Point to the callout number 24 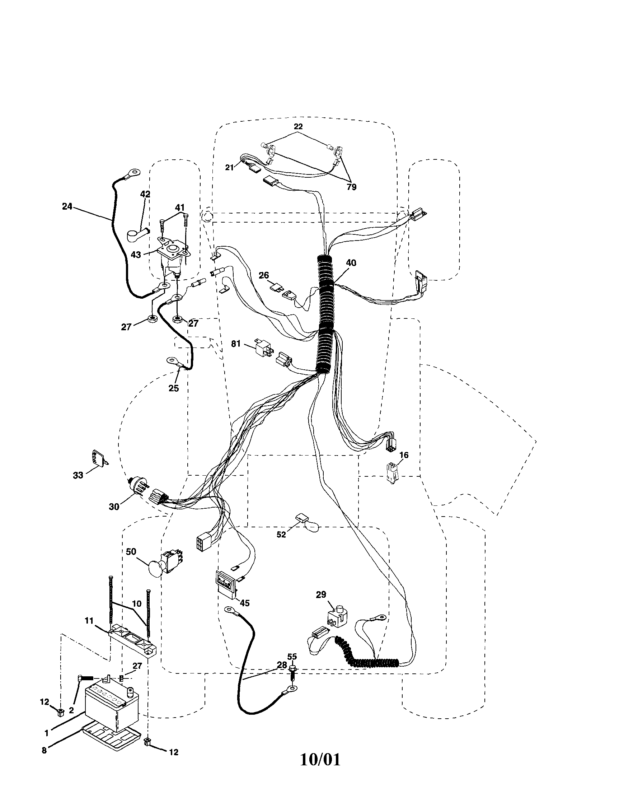[67, 206]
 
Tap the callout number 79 [351, 187]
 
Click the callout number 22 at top [298, 127]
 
